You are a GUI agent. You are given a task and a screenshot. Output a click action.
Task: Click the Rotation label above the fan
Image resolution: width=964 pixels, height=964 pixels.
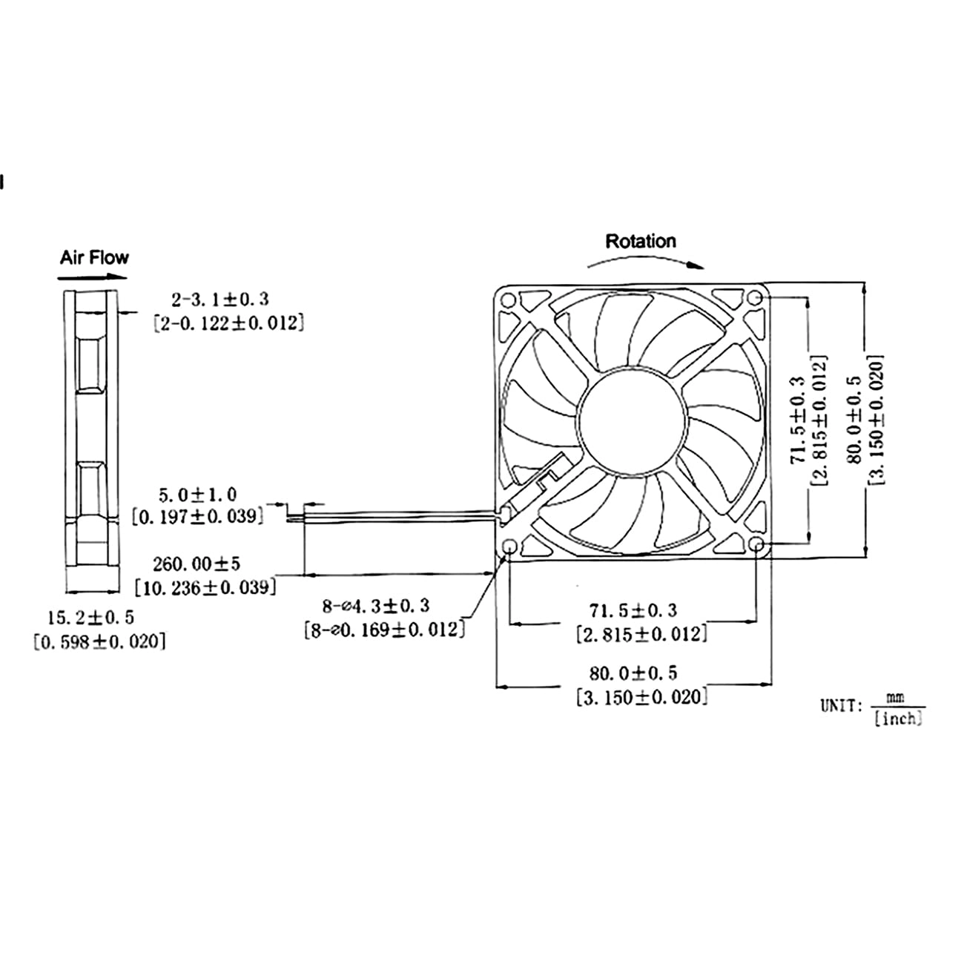pyautogui.click(x=641, y=241)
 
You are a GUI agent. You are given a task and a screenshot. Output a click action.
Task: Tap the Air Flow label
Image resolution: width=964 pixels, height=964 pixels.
pyautogui.click(x=94, y=257)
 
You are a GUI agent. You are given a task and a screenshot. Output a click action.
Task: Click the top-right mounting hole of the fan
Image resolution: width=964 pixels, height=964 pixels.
pyautogui.click(x=755, y=298)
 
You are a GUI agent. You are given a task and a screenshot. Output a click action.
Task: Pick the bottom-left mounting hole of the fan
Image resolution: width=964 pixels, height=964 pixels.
pyautogui.click(x=509, y=547)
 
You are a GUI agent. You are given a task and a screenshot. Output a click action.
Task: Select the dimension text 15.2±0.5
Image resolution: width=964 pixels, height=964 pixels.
pyautogui.click(x=91, y=617)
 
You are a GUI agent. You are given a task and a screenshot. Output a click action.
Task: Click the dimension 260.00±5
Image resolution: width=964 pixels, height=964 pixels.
pyautogui.click(x=197, y=564)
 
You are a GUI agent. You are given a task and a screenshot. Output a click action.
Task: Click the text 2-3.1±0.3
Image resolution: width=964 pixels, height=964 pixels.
pyautogui.click(x=220, y=300)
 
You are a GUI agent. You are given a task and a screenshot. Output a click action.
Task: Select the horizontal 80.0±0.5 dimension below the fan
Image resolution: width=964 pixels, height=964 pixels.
pyautogui.click(x=633, y=673)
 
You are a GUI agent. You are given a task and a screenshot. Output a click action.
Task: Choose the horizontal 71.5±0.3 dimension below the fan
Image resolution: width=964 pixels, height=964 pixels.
pyautogui.click(x=633, y=610)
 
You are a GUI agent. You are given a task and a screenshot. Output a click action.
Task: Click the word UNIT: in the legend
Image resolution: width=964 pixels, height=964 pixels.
pyautogui.click(x=840, y=705)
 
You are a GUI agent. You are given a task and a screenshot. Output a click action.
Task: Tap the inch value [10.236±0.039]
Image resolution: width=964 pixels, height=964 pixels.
pyautogui.click(x=205, y=587)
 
